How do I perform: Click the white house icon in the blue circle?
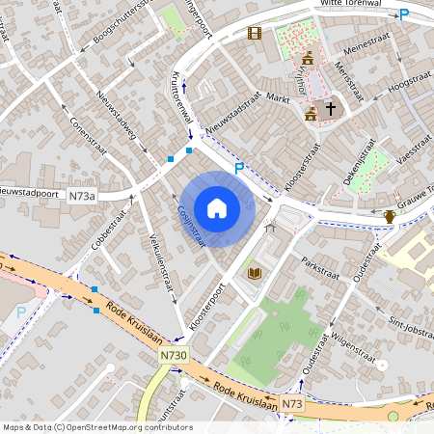(217, 208)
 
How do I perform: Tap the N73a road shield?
(82, 196)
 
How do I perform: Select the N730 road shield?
(174, 356)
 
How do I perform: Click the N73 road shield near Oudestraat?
(292, 403)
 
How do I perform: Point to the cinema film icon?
(255, 34)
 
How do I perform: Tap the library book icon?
(255, 274)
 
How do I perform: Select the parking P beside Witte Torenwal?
(405, 14)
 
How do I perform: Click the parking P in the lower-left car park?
(21, 312)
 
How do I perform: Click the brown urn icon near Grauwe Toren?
(389, 216)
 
